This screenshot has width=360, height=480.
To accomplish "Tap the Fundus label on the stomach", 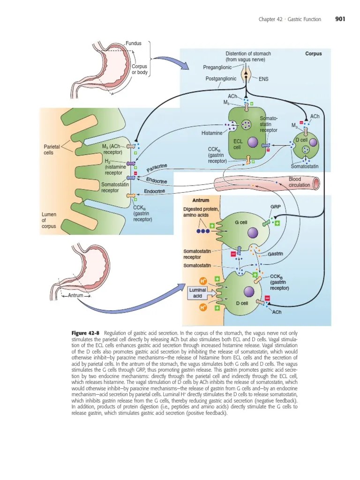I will click(134, 43).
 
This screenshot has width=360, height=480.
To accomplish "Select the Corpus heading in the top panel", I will click(313, 54).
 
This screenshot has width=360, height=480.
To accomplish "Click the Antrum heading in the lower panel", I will click(201, 201).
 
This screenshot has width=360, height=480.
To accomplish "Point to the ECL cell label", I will click(238, 144).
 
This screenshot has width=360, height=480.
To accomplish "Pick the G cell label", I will click(240, 222).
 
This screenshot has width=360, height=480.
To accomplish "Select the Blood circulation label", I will click(299, 182).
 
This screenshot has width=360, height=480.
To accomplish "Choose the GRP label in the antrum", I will click(275, 206).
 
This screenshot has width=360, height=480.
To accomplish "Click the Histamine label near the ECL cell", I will click(211, 133).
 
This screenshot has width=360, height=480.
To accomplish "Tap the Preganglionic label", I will click(217, 67).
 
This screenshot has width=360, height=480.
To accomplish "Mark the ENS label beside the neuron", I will click(263, 79).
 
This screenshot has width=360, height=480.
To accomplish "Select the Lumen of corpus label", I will click(49, 220).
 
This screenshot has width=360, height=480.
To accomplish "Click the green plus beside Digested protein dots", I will click(212, 226).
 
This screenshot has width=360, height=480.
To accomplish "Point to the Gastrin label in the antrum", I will click(276, 254).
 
